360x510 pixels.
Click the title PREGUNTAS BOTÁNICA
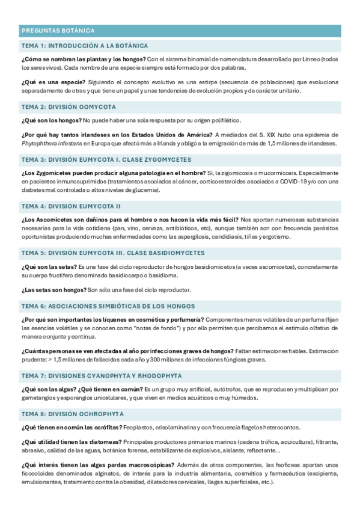pos(58,31)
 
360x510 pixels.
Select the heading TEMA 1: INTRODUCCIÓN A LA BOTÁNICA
pos(84,46)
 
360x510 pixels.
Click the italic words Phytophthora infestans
pos(50,144)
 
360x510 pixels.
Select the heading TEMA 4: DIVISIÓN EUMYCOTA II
pos(71,206)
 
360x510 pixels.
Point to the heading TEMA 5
pos(112,253)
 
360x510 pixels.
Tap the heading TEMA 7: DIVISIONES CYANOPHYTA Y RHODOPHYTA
pos(101,375)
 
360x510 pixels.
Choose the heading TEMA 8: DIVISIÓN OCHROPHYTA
pos(72,414)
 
